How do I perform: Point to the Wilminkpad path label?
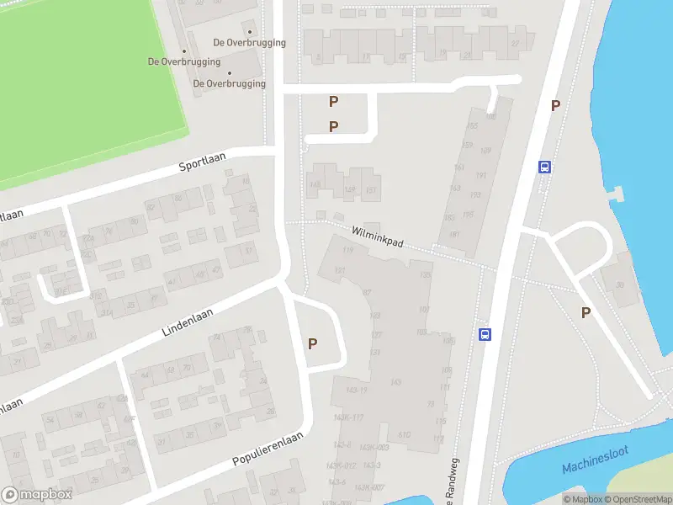tap(378, 235)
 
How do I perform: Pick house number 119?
tap(347, 250)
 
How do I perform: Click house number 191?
tap(480, 176)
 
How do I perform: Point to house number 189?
tap(484, 151)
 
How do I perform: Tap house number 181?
tap(454, 235)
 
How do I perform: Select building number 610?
tap(404, 434)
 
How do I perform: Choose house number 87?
tap(367, 293)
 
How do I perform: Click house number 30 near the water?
tap(620, 284)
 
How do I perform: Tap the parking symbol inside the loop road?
tap(313, 343)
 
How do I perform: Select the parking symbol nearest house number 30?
tap(586, 312)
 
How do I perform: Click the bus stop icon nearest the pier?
tap(545, 167)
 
